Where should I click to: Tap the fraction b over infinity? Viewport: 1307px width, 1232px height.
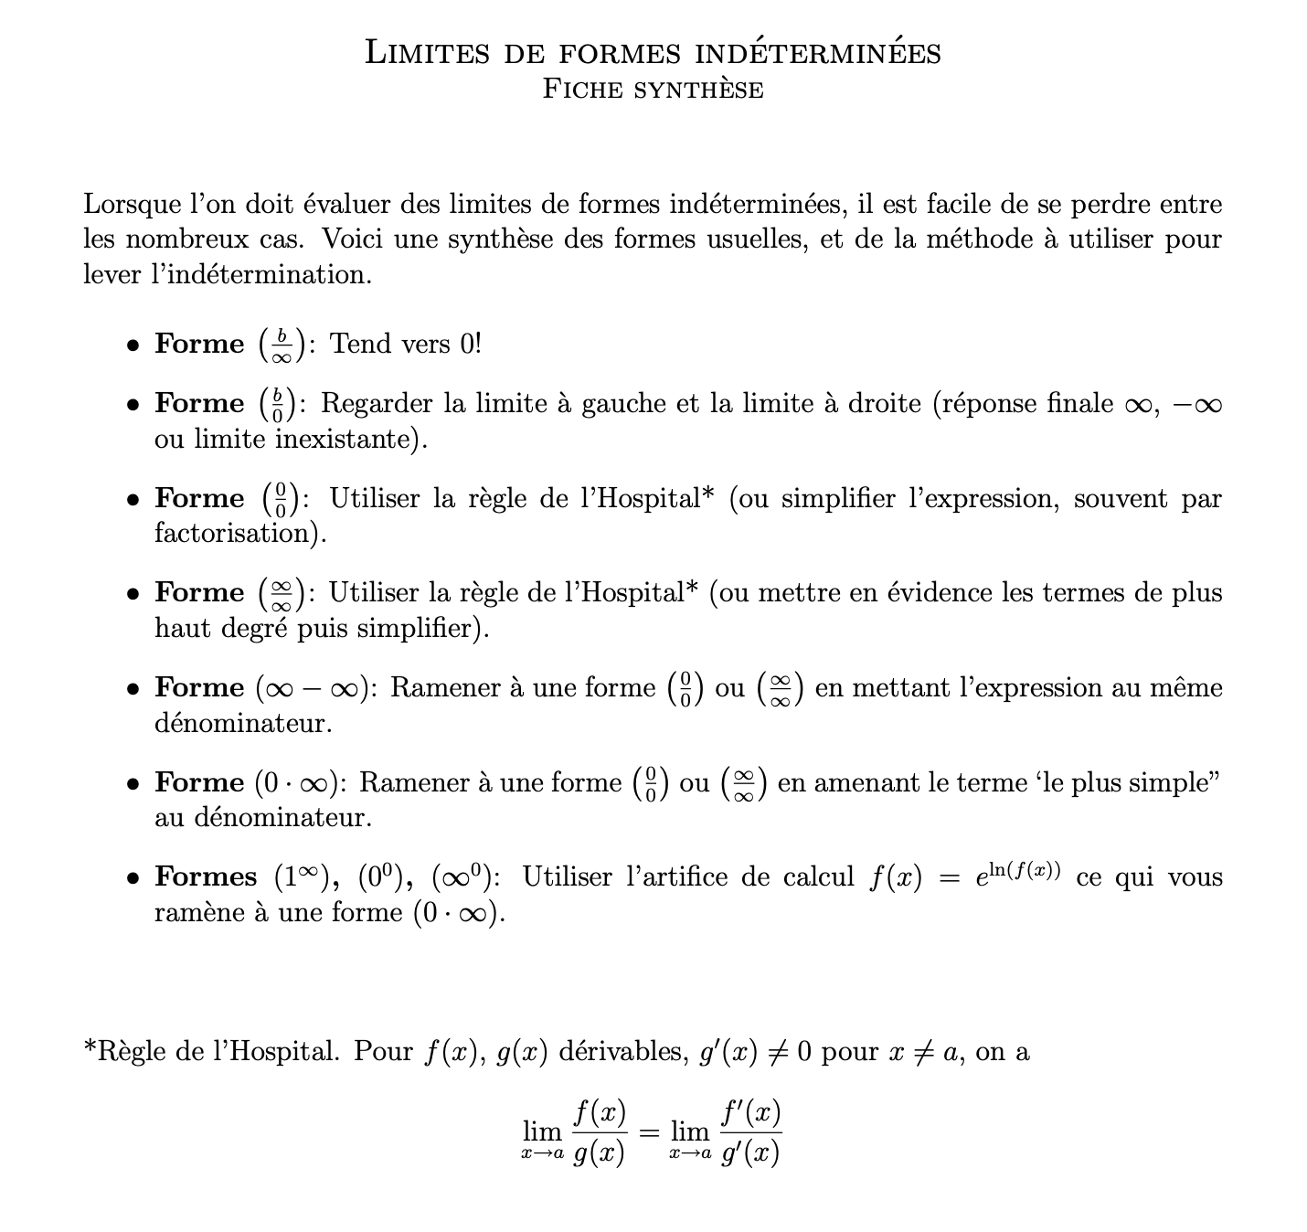(282, 345)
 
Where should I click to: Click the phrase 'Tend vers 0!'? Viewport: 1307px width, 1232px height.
(405, 344)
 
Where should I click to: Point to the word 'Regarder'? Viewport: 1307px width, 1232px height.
(377, 403)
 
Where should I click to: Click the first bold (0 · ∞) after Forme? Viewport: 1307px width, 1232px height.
(298, 783)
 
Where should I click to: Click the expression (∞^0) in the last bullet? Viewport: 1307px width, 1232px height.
(463, 876)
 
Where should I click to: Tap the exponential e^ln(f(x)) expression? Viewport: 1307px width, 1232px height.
(1016, 875)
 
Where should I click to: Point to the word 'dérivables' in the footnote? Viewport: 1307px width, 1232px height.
(622, 1051)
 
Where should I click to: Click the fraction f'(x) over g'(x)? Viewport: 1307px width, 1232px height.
(749, 1133)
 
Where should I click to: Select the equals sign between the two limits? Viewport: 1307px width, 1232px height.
(648, 1133)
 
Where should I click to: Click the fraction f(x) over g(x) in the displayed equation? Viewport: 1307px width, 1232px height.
(600, 1133)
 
